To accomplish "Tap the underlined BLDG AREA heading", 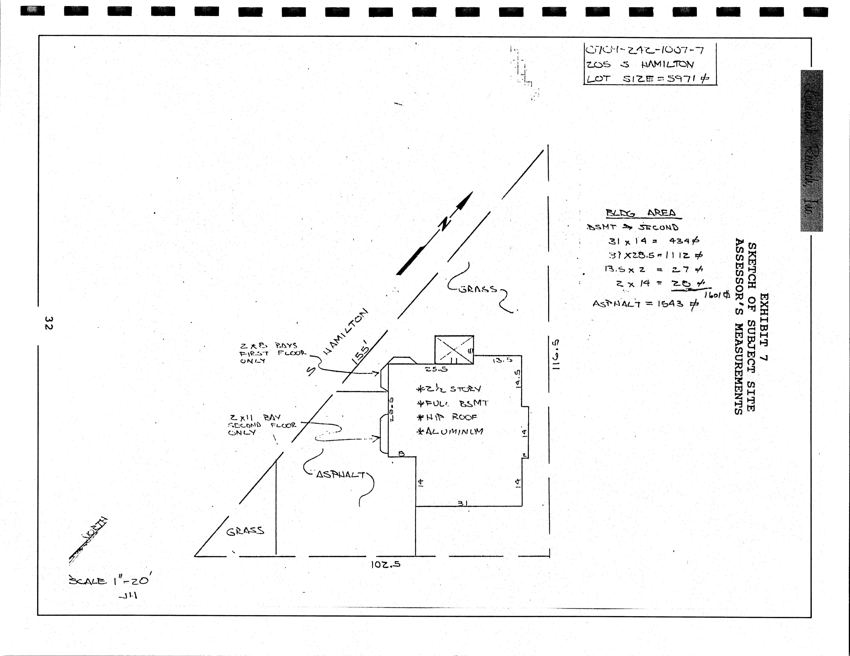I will click(643, 213).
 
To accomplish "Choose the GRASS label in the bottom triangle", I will click(245, 531).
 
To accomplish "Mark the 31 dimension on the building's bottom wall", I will click(462, 503).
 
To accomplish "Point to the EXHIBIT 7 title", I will click(764, 327).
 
